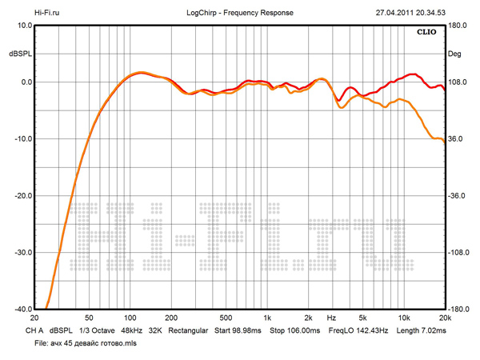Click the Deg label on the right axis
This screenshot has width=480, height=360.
455,54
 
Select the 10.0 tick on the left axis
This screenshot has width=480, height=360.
22,26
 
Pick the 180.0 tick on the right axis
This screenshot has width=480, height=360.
458,26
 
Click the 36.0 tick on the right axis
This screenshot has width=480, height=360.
456,139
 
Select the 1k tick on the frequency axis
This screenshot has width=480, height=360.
267,318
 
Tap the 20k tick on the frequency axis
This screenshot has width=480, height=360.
444,318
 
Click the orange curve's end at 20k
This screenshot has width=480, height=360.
443,141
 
